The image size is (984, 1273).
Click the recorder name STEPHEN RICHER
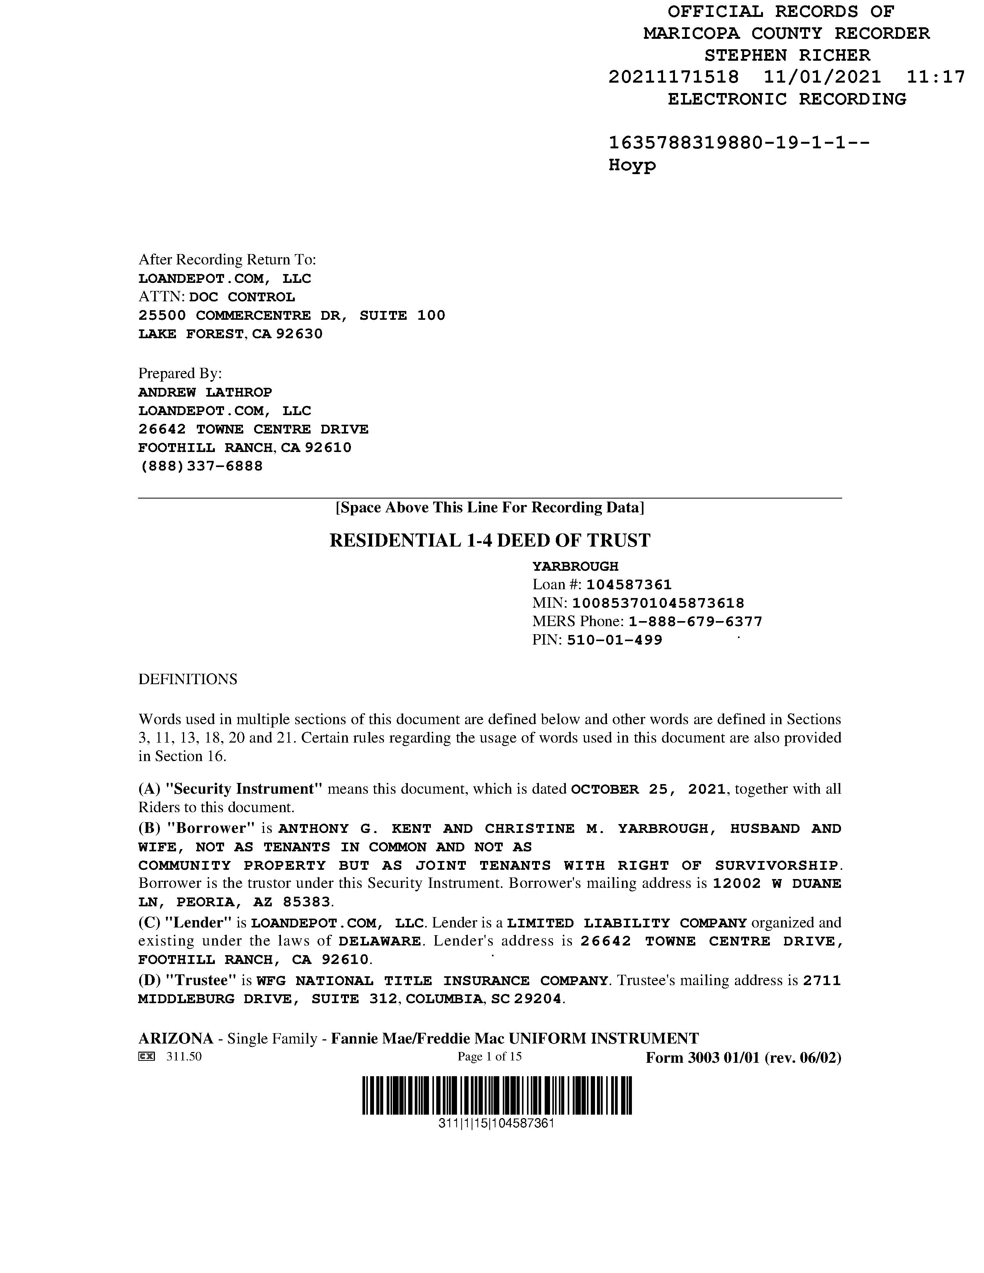(x=787, y=55)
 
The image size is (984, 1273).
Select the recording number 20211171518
(x=673, y=77)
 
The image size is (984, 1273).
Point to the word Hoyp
(x=632, y=166)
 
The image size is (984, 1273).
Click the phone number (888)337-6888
(x=201, y=466)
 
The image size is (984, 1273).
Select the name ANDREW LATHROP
(x=205, y=392)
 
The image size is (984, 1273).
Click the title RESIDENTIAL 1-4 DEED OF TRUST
(x=490, y=540)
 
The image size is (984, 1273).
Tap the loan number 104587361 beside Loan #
(x=629, y=585)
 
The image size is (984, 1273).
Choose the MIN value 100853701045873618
(x=658, y=603)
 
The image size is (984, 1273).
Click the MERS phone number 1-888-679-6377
(x=695, y=622)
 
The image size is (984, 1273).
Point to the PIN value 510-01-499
(x=614, y=641)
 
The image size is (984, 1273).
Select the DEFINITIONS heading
(x=188, y=680)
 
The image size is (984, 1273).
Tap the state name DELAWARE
(x=379, y=941)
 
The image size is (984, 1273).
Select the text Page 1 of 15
(x=490, y=1057)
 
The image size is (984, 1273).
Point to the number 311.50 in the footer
(x=184, y=1057)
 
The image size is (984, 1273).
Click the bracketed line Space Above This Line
(x=490, y=508)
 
